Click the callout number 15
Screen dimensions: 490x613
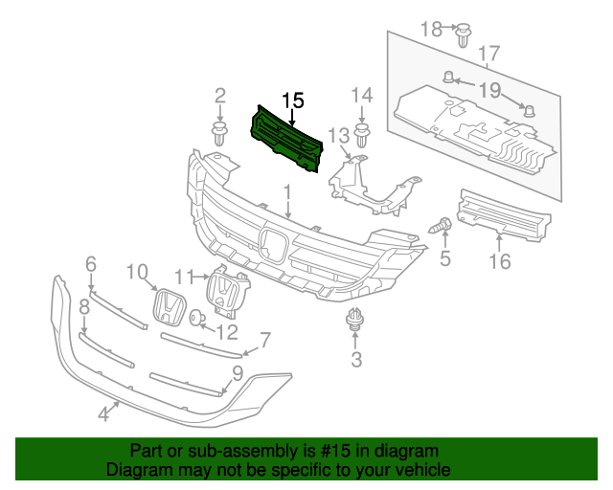[292, 100]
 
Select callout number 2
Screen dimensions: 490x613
[220, 95]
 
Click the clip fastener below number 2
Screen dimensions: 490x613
[220, 133]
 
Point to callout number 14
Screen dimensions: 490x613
[361, 95]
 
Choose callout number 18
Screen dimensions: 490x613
[432, 29]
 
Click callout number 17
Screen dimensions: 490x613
[489, 55]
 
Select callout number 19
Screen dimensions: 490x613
[489, 91]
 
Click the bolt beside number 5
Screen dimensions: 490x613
[443, 226]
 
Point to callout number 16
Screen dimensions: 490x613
[499, 260]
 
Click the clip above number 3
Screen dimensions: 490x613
[356, 322]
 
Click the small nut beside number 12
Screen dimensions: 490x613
[196, 318]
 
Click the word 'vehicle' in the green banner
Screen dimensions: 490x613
[420, 470]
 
